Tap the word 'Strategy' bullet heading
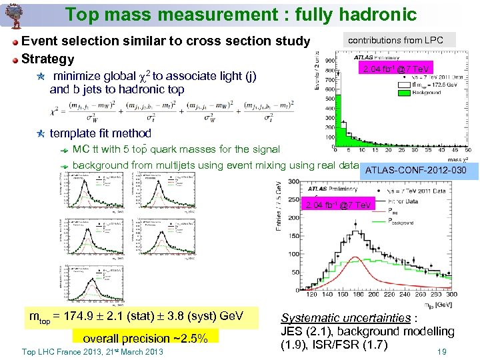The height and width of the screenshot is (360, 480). click(x=48, y=59)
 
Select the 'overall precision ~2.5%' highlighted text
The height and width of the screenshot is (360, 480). click(x=145, y=337)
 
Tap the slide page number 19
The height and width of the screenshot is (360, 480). click(x=441, y=352)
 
